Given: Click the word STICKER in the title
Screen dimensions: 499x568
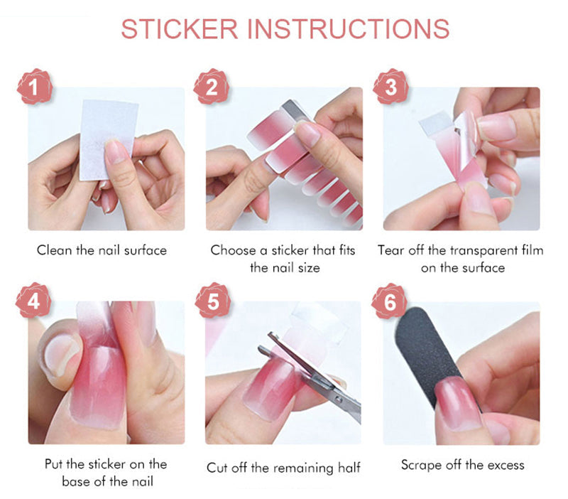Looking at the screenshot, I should point(179,28).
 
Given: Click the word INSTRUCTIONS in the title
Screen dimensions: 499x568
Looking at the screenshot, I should point(347,28).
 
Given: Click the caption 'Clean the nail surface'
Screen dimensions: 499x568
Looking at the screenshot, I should point(102,250).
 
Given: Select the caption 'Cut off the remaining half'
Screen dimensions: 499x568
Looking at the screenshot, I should point(283,468).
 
